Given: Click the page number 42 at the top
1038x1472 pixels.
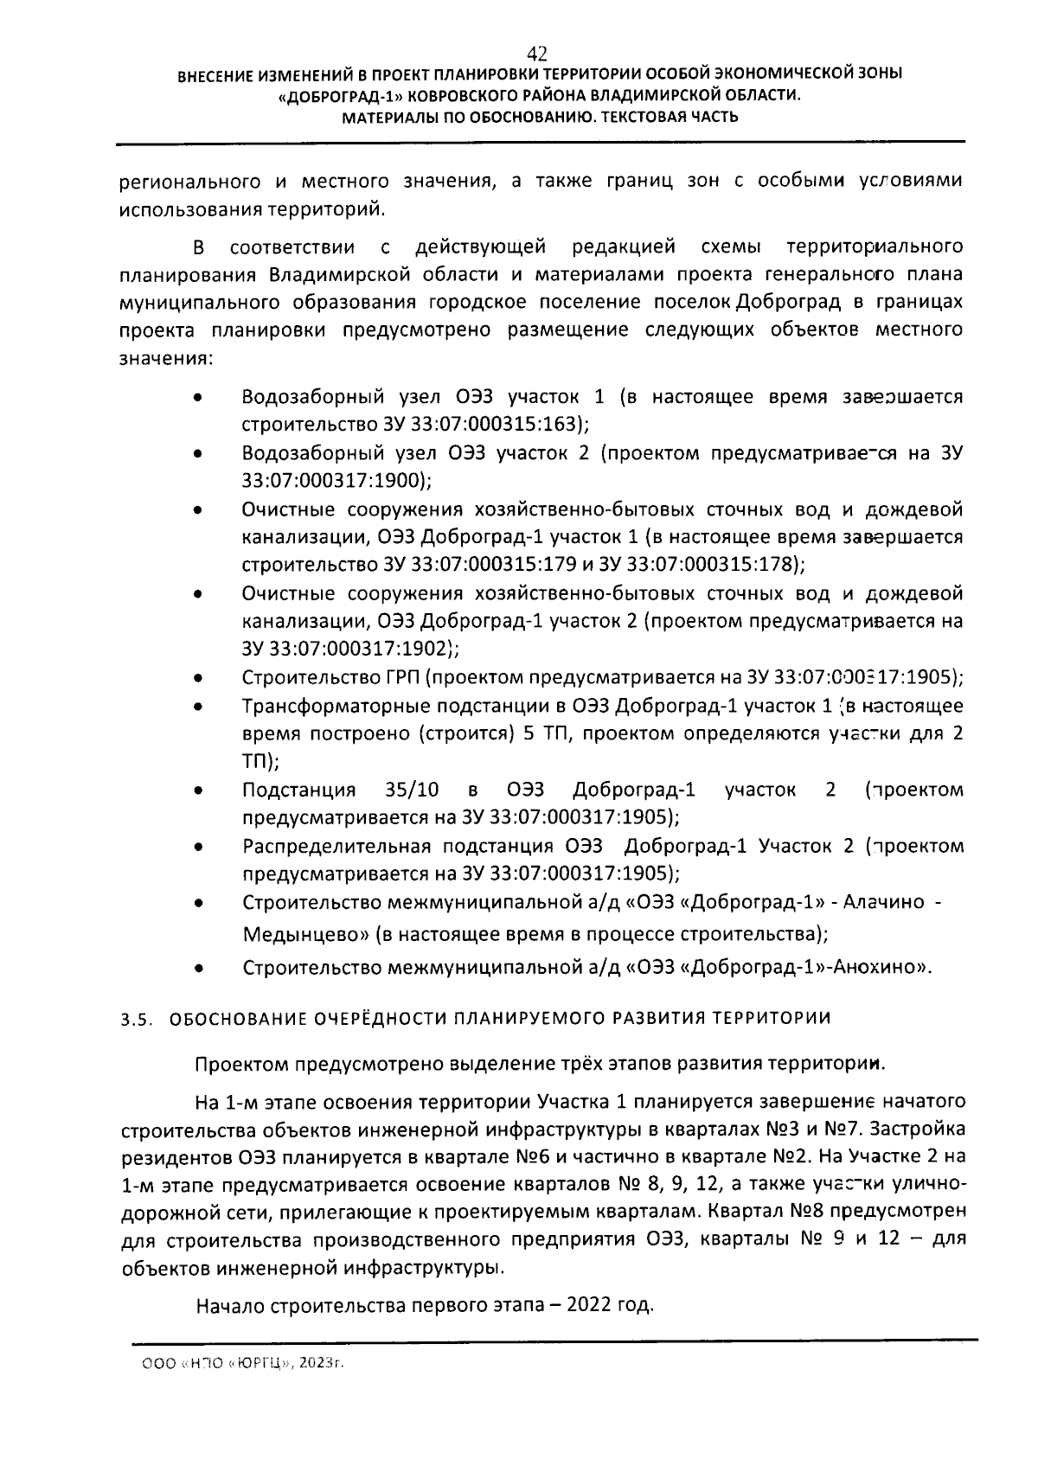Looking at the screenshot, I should pyautogui.click(x=536, y=53).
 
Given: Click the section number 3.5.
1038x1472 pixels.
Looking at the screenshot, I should pyautogui.click(x=137, y=1019).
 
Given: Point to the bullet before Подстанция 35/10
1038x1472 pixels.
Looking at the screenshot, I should pyautogui.click(x=198, y=790).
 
